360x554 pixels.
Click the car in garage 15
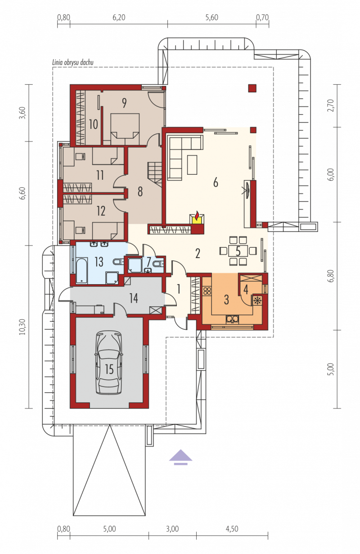pyautogui.click(x=109, y=363)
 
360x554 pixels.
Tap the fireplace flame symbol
pyautogui.click(x=197, y=215)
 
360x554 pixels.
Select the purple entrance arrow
pyautogui.click(x=180, y=457)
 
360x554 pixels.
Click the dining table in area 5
pyautogui.click(x=238, y=251)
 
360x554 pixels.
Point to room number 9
pyautogui.click(x=124, y=103)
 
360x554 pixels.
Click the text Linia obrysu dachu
pyautogui.click(x=72, y=62)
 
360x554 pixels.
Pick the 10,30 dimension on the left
pyautogui.click(x=22, y=327)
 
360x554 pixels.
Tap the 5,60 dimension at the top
pyautogui.click(x=212, y=18)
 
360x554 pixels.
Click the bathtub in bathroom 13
pyautogui.click(x=81, y=271)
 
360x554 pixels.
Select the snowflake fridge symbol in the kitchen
pyautogui.click(x=257, y=300)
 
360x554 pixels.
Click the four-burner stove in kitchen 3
pyautogui.click(x=207, y=291)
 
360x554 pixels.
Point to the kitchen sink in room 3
pyautogui.click(x=232, y=319)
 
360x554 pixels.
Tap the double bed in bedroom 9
pyautogui.click(x=125, y=129)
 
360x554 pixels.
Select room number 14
pyautogui.click(x=133, y=298)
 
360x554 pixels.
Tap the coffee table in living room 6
pyautogui.click(x=192, y=165)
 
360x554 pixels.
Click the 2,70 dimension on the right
pyautogui.click(x=330, y=105)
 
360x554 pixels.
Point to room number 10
pyautogui.click(x=93, y=124)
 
